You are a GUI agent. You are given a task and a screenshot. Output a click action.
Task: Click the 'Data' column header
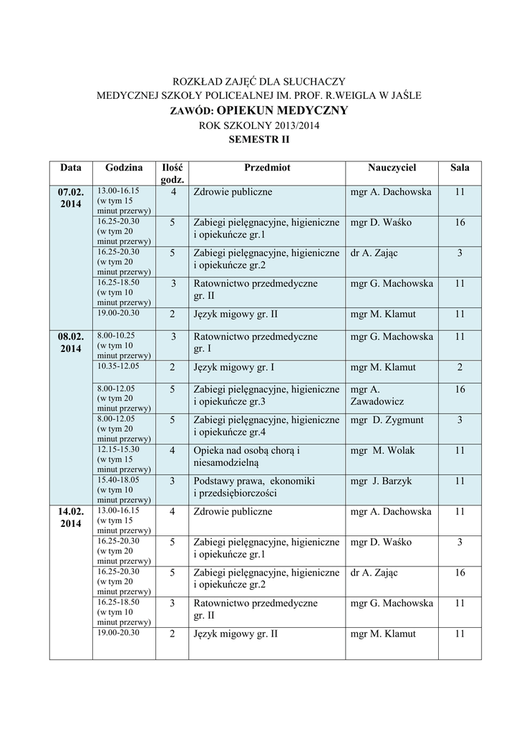click(x=71, y=168)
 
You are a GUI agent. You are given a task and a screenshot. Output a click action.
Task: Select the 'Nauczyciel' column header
click(x=392, y=168)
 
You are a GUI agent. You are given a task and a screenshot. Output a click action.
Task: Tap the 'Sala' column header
click(x=460, y=168)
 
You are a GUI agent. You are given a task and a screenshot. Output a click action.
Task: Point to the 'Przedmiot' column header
click(x=267, y=168)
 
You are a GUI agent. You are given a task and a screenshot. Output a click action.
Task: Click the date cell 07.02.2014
click(x=71, y=198)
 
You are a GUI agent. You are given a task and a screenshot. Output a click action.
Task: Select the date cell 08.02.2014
click(x=71, y=343)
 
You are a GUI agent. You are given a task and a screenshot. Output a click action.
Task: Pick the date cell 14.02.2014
click(x=71, y=518)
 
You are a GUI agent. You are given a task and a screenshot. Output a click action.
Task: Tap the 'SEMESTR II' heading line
click(x=259, y=140)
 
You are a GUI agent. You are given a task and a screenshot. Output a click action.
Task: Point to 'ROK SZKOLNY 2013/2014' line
click(x=259, y=125)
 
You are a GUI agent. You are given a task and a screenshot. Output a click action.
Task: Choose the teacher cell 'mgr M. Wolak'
click(x=383, y=450)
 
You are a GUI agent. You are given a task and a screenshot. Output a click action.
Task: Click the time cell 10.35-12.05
click(x=118, y=366)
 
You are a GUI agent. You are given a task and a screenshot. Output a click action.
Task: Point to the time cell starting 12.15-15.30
click(x=118, y=449)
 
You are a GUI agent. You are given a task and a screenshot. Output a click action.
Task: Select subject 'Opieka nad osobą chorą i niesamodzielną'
click(x=246, y=457)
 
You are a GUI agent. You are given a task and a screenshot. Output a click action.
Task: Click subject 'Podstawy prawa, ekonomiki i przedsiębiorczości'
click(x=255, y=487)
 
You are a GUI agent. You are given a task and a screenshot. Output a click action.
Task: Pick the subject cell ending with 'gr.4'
click(x=266, y=426)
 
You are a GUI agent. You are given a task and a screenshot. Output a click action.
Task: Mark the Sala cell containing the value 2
click(x=460, y=367)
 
